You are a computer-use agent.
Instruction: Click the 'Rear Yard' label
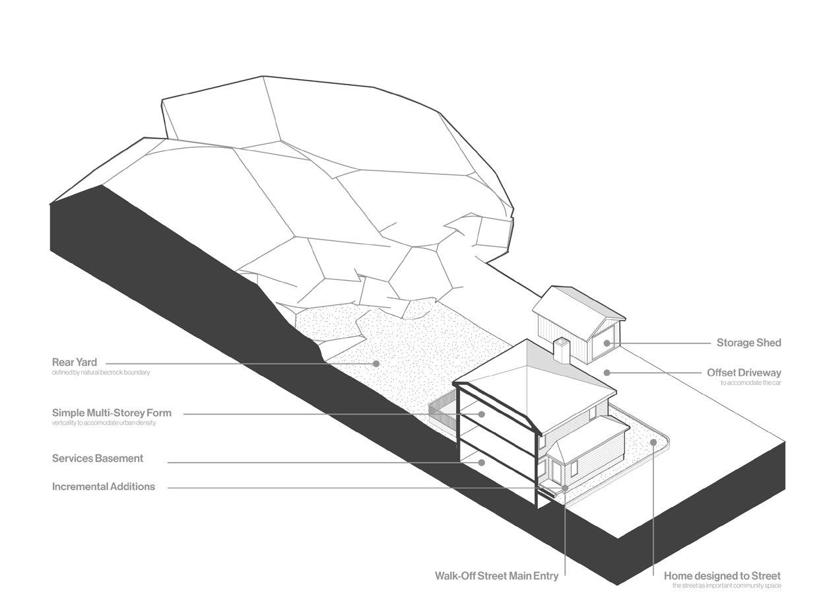[x=75, y=362]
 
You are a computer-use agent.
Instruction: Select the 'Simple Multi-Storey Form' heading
[x=112, y=413]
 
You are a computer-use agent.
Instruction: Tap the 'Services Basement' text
[x=98, y=458]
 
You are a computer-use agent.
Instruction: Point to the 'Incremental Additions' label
[x=104, y=487]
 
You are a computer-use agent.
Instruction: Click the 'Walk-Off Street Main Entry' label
[x=496, y=576]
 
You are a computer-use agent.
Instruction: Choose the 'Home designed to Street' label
[x=722, y=576]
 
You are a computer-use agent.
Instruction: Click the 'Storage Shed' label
[x=748, y=343]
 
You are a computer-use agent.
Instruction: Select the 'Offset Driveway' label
[x=744, y=373]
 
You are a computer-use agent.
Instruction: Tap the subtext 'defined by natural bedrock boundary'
[x=101, y=372]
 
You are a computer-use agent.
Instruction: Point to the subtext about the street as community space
[x=727, y=586]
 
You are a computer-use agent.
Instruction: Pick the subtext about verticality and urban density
[x=104, y=423]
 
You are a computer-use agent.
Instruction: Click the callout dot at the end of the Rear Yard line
[x=376, y=363]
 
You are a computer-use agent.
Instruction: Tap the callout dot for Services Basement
[x=482, y=462]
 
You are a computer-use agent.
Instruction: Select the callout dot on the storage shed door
[x=607, y=343]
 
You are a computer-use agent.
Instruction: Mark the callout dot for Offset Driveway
[x=607, y=373]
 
